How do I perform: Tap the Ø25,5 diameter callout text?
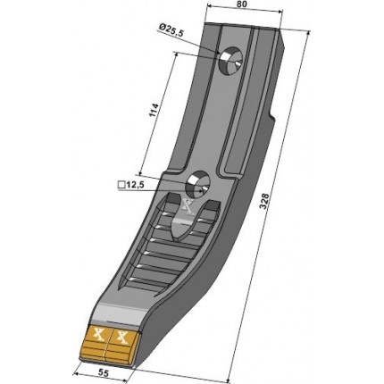(171, 30)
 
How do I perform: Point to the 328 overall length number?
(264, 202)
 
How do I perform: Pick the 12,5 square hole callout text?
(135, 185)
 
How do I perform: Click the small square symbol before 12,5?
(121, 185)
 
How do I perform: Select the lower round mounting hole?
(198, 185)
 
